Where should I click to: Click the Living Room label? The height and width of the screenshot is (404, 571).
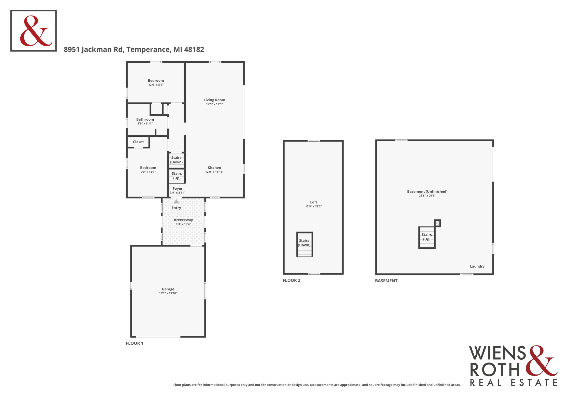[x=214, y=100]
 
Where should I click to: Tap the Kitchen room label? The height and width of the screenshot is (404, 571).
[x=214, y=168]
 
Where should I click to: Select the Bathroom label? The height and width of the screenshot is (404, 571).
[x=145, y=119]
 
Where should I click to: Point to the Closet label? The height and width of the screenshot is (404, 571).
[x=138, y=142]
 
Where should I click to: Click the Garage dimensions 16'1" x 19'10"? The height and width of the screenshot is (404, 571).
[x=168, y=293]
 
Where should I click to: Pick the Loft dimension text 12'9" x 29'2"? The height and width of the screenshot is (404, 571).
[x=313, y=206]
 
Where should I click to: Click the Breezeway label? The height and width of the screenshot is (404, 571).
[x=183, y=220]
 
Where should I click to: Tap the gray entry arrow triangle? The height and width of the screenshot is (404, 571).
[x=176, y=202]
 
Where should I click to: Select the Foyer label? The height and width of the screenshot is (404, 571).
[x=177, y=189]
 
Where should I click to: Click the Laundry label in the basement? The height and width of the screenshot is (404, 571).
[x=477, y=266]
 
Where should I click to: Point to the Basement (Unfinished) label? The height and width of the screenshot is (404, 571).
[x=427, y=191]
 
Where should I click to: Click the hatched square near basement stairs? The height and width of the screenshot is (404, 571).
[x=437, y=223]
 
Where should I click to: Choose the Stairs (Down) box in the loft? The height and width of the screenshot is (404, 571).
[x=305, y=244]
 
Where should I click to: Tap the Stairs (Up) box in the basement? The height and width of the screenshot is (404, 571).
[x=427, y=237]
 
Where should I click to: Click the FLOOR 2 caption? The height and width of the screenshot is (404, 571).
[x=291, y=280]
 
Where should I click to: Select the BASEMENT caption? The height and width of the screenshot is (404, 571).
[x=386, y=281]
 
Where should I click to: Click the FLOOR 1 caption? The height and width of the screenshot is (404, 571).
[x=134, y=343]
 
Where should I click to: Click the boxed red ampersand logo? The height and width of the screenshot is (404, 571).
[x=33, y=31]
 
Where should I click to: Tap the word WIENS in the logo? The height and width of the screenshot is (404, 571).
[x=497, y=353]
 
